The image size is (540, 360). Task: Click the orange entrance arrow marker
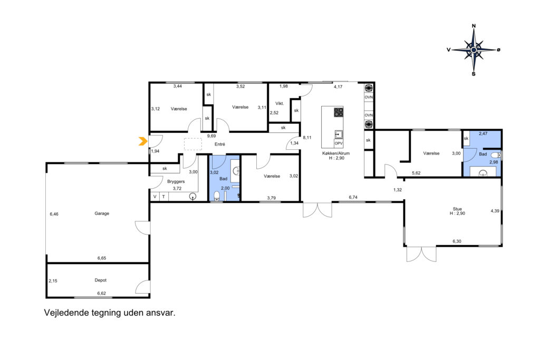(143, 141)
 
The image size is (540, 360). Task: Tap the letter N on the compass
(474, 26)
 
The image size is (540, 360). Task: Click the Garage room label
(102, 213)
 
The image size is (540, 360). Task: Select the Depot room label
(101, 280)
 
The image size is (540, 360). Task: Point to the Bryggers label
(176, 181)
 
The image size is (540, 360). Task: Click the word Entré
(220, 144)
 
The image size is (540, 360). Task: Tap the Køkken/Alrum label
(336, 153)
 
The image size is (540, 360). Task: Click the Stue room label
(457, 209)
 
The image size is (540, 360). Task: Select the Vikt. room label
(279, 103)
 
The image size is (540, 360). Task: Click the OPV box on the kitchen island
(339, 143)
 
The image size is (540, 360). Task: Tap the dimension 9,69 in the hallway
(211, 136)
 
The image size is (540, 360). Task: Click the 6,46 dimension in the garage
(54, 214)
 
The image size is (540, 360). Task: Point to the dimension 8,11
(307, 138)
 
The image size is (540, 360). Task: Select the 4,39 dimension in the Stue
(495, 211)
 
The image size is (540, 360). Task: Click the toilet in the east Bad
(496, 155)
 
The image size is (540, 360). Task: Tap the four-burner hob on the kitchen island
(339, 112)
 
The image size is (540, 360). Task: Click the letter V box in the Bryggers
(155, 197)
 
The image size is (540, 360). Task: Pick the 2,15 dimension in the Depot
(53, 281)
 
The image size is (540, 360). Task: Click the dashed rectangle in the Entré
(193, 144)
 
